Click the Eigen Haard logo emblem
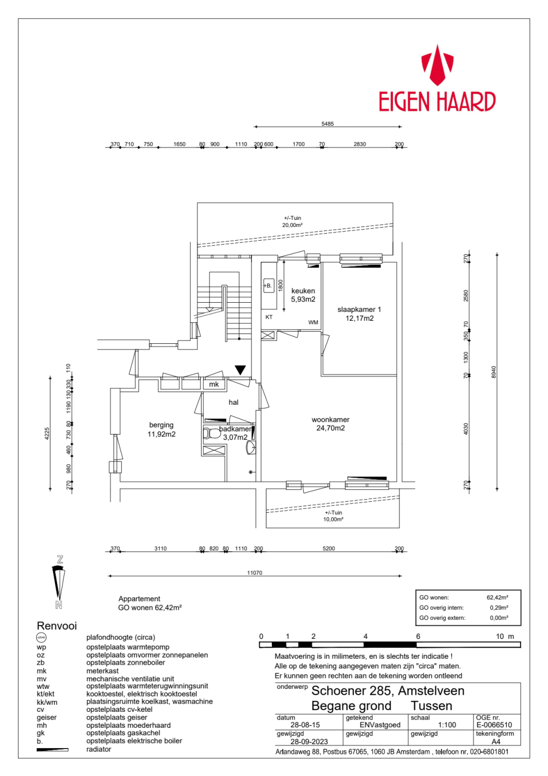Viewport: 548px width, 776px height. point(437,65)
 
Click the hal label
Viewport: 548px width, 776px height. point(233,403)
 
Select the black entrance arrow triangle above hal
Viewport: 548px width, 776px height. point(240,370)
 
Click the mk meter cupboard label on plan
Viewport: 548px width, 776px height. point(214,384)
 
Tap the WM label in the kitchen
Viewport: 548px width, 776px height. point(313,322)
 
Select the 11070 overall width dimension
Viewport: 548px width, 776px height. point(254,573)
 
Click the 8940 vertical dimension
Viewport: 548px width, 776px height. point(493,372)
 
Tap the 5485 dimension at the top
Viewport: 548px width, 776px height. point(327,124)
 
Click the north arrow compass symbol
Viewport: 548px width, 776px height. point(59,582)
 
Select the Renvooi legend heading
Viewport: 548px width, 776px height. point(56,626)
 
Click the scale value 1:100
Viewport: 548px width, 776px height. point(447,725)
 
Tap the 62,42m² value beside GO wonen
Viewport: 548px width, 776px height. point(497,598)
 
